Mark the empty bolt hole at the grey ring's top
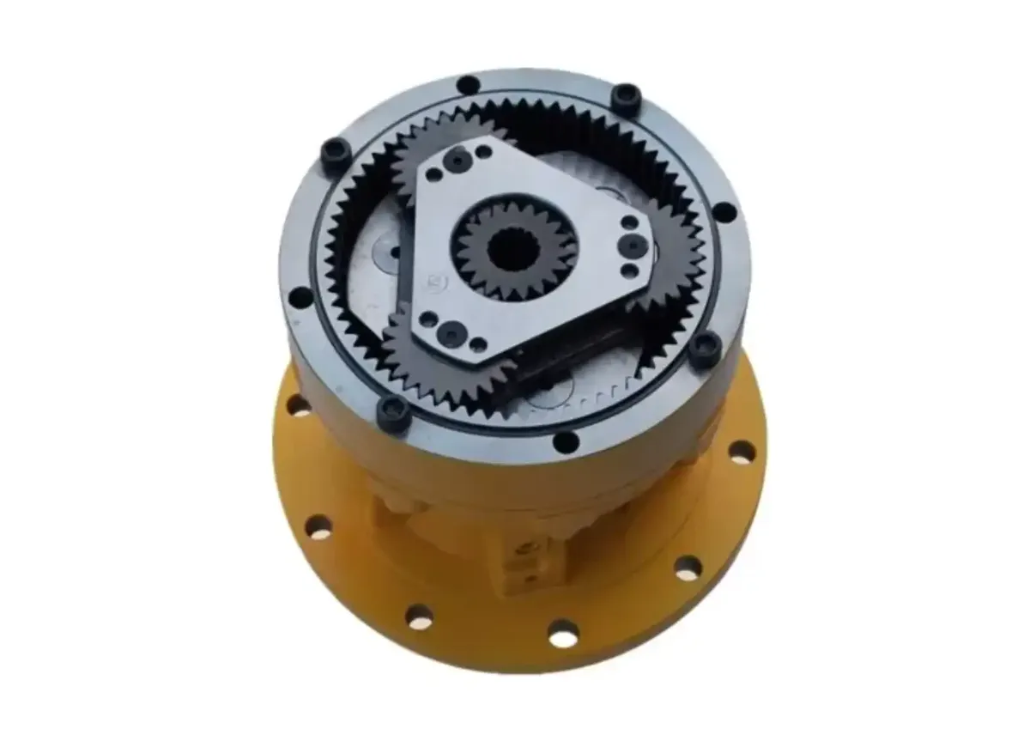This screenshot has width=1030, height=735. (468, 85)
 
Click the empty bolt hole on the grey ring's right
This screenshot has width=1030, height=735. (725, 211)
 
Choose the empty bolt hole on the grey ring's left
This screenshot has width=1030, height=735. (300, 298)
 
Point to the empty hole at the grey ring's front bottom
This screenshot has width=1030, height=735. (566, 443)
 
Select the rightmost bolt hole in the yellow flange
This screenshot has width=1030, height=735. (740, 451)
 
